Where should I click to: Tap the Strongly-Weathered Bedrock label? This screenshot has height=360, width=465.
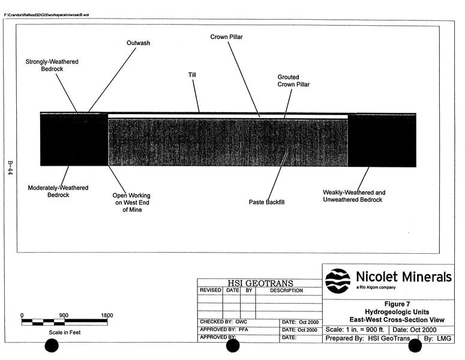coord(52,65)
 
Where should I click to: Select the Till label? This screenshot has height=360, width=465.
coord(192,75)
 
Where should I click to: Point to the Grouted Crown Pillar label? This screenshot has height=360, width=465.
coord(293,81)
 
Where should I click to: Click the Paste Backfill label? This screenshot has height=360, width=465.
coord(266,202)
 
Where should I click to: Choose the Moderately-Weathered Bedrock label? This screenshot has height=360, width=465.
coord(58,191)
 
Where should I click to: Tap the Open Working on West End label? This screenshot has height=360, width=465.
coord(131,202)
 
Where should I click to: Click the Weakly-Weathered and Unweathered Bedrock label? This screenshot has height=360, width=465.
coord(354,196)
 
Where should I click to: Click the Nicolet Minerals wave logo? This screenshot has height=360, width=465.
coord(338,280)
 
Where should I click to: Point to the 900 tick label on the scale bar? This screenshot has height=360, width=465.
coord(64,315)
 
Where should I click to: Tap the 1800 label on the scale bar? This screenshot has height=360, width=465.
coord(107,315)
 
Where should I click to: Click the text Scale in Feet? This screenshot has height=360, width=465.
coord(65,332)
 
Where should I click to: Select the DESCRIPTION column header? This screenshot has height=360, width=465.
coord(287,290)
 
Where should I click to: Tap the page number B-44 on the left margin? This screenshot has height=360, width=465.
coord(10,167)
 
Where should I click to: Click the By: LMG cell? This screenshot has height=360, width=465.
coord(437,339)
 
